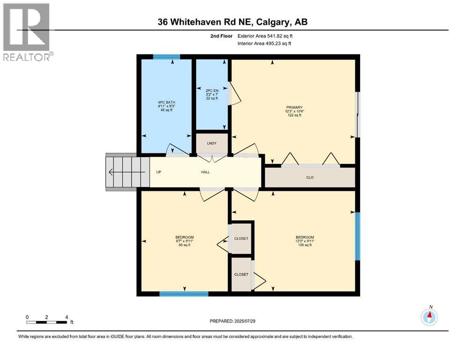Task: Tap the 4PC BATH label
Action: (x=166, y=106)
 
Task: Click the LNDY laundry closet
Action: (x=212, y=143)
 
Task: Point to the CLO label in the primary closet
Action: (x=310, y=178)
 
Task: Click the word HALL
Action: (x=205, y=172)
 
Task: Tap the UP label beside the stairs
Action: (x=158, y=172)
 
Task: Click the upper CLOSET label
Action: (x=241, y=239)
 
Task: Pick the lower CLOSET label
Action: (x=241, y=274)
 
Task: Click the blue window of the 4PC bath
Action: (x=167, y=57)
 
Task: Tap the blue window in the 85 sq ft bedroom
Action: (x=184, y=294)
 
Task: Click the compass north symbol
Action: (x=429, y=317)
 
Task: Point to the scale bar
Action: (x=47, y=322)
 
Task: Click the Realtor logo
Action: (x=27, y=32)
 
